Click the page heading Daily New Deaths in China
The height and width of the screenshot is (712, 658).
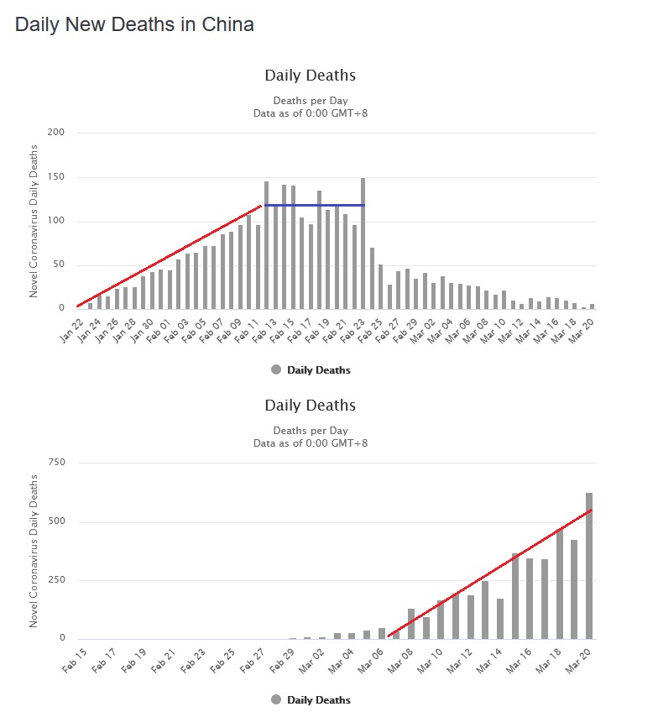134,24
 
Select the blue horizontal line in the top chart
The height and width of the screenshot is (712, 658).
314,205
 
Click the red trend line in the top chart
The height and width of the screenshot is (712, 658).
168,256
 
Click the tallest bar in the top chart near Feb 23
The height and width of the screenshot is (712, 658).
363,243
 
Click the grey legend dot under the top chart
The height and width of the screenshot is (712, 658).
276,369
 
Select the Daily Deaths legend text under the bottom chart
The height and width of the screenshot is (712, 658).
319,699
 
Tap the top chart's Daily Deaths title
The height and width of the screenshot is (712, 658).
310,76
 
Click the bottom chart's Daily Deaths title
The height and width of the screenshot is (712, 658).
310,406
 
